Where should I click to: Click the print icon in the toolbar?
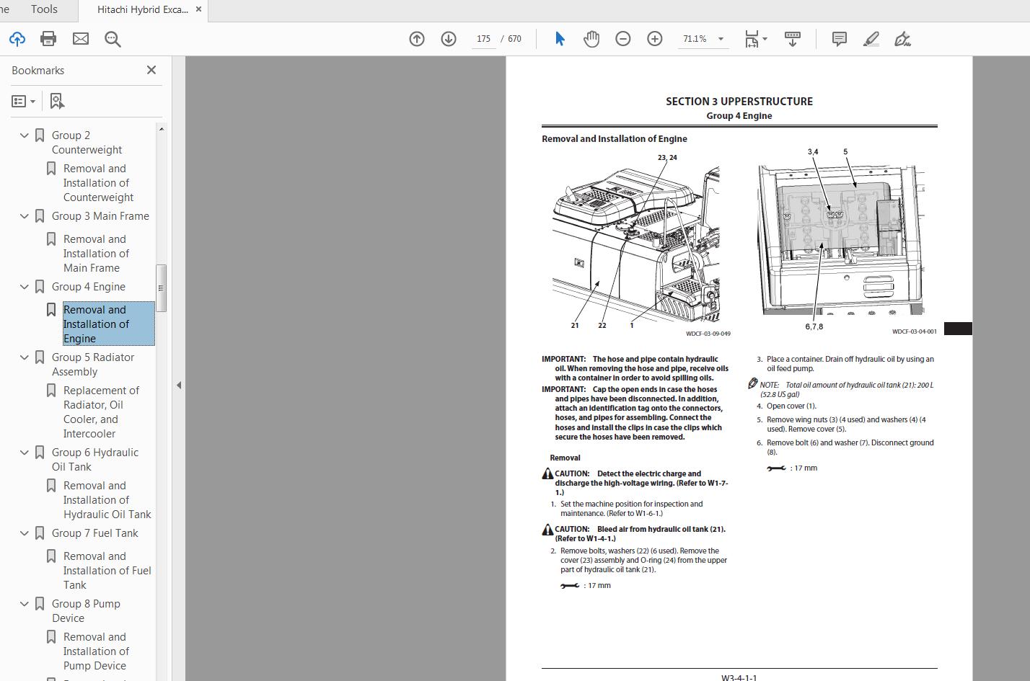48,39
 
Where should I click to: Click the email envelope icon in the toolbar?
81,39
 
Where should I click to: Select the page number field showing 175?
483,39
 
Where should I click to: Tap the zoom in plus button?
655,39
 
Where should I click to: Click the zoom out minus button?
623,39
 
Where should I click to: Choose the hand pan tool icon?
591,39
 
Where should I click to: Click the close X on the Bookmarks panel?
151,70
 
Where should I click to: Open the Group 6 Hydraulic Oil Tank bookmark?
94,459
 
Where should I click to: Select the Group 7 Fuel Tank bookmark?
94,533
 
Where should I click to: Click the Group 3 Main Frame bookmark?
100,216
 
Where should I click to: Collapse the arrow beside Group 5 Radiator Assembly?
25,357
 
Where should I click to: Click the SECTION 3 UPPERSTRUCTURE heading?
739,102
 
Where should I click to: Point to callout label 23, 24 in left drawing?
667,157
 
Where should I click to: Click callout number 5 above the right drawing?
845,152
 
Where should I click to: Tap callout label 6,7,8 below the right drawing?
814,327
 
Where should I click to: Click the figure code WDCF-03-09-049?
708,334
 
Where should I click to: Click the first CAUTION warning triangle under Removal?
547,474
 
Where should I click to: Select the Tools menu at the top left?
44,9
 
